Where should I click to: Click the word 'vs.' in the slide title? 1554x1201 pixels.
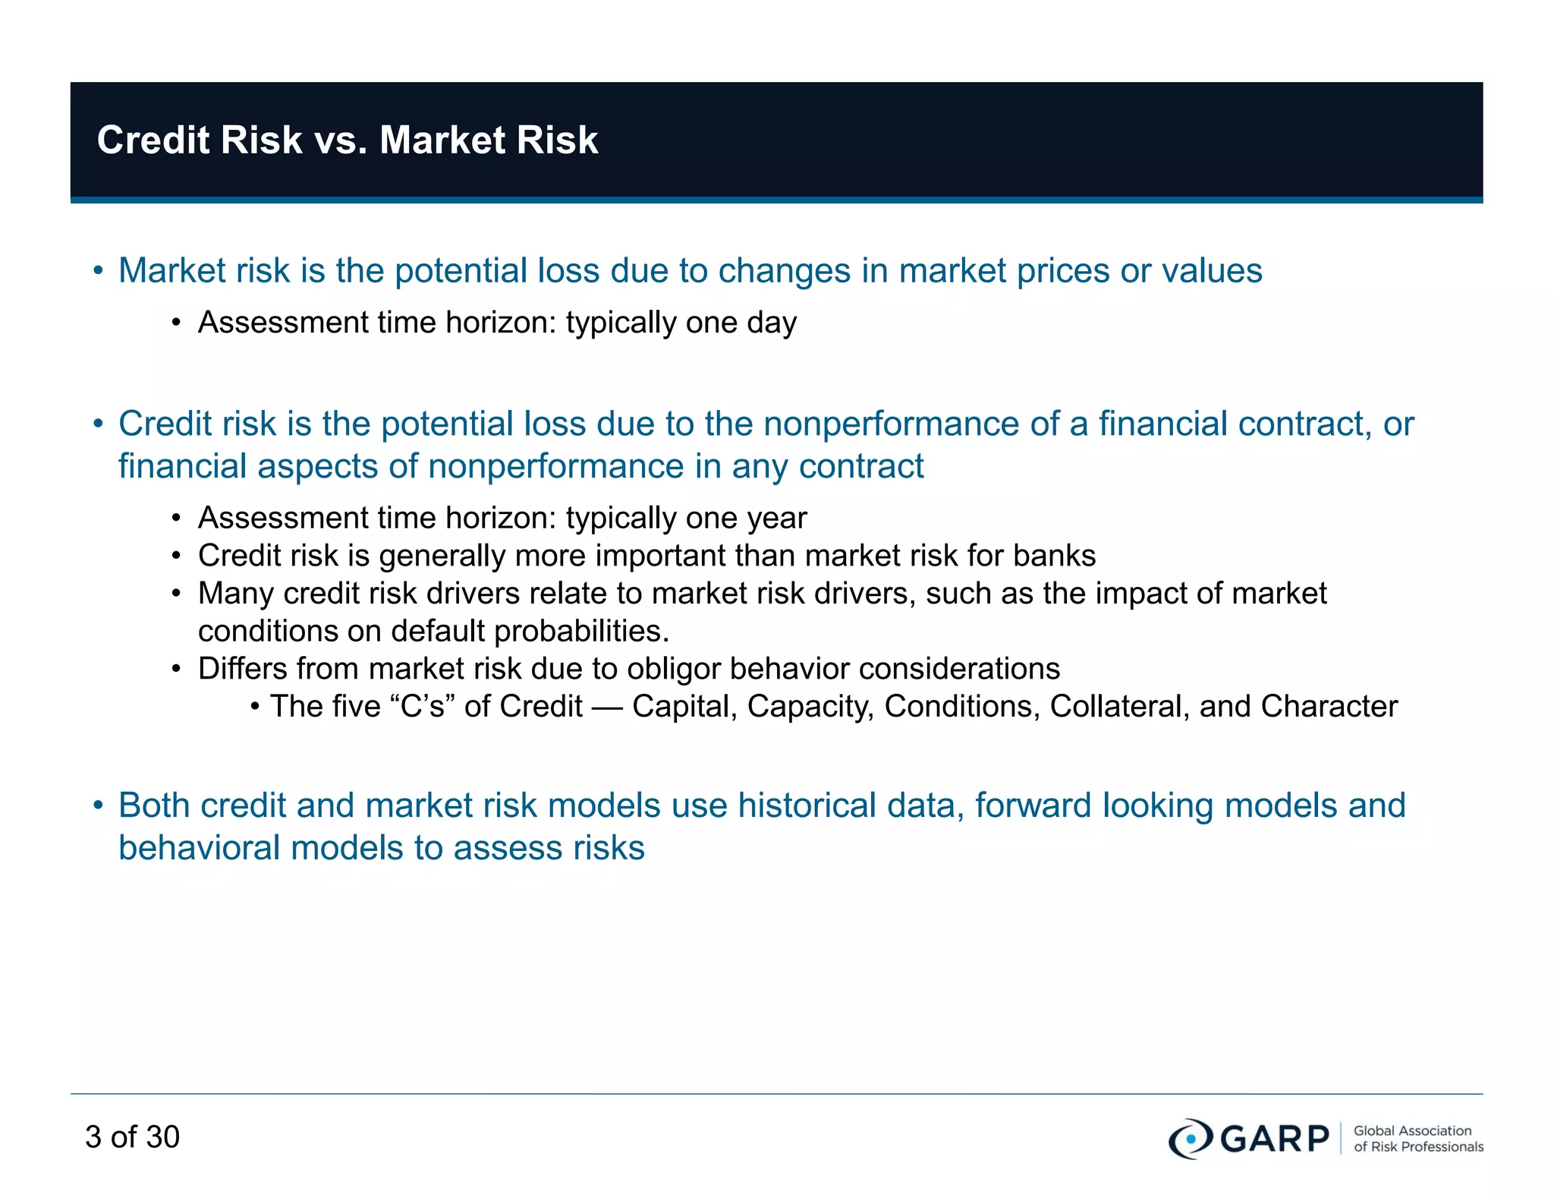(340, 140)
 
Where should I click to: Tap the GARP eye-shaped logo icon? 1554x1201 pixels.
(1191, 1138)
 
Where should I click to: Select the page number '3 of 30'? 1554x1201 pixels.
(132, 1136)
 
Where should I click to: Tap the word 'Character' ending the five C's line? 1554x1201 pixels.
(1329, 706)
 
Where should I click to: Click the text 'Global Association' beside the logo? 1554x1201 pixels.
(1412, 1130)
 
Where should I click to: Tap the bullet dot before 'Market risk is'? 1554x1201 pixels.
(98, 271)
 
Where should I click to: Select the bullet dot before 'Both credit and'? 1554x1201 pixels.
(98, 805)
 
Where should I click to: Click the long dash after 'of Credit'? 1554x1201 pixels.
(606, 707)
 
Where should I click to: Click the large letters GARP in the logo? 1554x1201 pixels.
(1274, 1138)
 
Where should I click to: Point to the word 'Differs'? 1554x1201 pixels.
(241, 669)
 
